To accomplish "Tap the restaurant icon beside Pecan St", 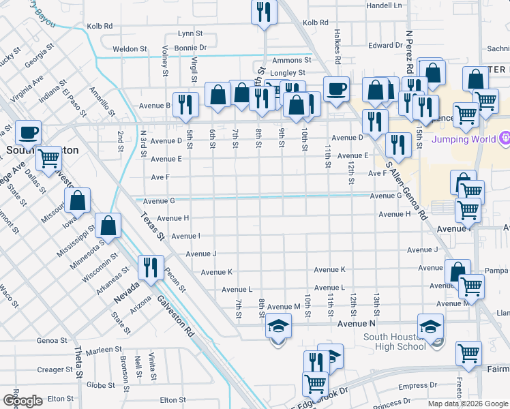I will (149, 267).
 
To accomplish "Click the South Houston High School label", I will (395, 342).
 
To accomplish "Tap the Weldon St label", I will (130, 49).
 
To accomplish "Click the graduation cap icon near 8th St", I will (278, 327).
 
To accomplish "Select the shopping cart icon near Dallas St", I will (49, 159).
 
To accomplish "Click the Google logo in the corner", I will (22, 401).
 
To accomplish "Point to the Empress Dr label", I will (412, 386).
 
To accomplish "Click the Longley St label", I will (288, 73).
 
